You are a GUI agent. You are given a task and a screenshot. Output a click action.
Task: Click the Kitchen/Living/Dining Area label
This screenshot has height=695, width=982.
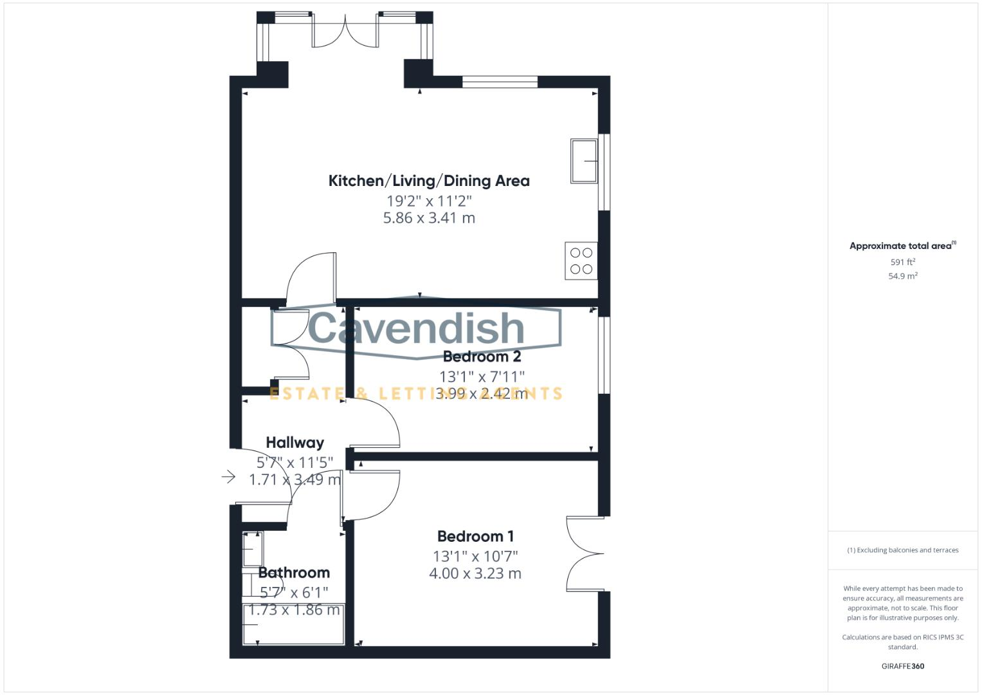pyautogui.click(x=429, y=181)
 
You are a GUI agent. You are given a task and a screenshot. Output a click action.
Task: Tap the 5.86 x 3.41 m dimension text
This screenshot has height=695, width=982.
pyautogui.click(x=429, y=218)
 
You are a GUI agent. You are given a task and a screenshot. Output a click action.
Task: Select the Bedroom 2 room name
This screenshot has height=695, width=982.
pyautogui.click(x=482, y=357)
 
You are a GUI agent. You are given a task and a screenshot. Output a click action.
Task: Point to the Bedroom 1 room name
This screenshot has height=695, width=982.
pyautogui.click(x=475, y=536)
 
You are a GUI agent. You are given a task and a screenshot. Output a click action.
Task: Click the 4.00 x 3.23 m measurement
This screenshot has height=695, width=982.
pyautogui.click(x=475, y=573)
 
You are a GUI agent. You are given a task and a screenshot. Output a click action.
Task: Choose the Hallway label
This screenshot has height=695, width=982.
pyautogui.click(x=295, y=443)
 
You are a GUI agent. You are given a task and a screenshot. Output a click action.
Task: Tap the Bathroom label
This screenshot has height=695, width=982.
pyautogui.click(x=294, y=573)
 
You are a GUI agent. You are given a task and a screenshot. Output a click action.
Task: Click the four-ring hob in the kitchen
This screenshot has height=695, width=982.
pyautogui.click(x=581, y=261)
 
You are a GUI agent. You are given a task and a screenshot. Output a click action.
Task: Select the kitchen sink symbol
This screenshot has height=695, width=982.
pyautogui.click(x=584, y=161)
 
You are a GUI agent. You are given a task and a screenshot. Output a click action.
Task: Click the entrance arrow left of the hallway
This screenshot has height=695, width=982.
pyautogui.click(x=228, y=477)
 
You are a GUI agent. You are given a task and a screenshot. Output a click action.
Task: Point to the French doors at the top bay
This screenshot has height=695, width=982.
pyautogui.click(x=345, y=31)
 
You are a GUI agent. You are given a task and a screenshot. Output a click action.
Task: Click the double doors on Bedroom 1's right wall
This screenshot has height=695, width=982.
pyautogui.click(x=584, y=553)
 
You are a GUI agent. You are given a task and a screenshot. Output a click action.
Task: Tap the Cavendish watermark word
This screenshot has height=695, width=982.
pyautogui.click(x=416, y=328)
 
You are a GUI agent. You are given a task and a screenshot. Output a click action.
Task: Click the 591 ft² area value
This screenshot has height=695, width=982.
pyautogui.click(x=902, y=263)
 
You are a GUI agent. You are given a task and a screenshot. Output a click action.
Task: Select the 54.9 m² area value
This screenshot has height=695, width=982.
pyautogui.click(x=902, y=276)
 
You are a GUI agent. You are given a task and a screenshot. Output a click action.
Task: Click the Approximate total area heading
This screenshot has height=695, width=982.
pyautogui.click(x=902, y=246)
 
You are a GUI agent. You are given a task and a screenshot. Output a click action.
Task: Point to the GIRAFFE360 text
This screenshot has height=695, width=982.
pyautogui.click(x=902, y=666)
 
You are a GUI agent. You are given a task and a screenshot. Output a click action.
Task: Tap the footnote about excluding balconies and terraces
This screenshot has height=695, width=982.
pyautogui.click(x=902, y=550)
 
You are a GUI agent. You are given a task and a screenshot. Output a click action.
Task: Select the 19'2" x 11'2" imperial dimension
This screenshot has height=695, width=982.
pyautogui.click(x=429, y=200)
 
